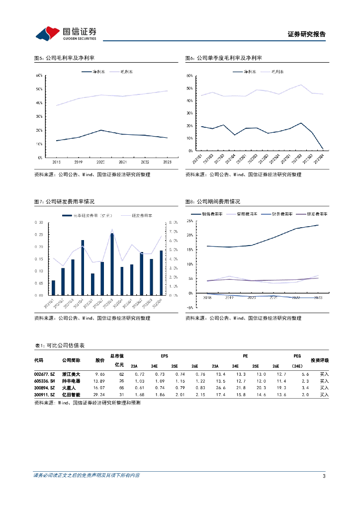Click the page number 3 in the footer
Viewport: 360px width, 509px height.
[324, 476]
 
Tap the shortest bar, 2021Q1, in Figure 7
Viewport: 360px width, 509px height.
[53, 288]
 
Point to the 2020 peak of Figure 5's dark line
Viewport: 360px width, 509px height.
[101, 130]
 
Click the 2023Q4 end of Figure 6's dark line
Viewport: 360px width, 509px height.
[323, 149]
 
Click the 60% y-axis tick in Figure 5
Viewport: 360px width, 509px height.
[39, 76]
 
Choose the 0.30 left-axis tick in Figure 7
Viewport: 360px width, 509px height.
[39, 223]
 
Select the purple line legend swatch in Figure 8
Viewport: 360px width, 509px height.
[300, 213]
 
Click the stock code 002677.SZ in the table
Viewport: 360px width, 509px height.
[44, 374]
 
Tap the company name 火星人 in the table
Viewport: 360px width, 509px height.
[68, 388]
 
